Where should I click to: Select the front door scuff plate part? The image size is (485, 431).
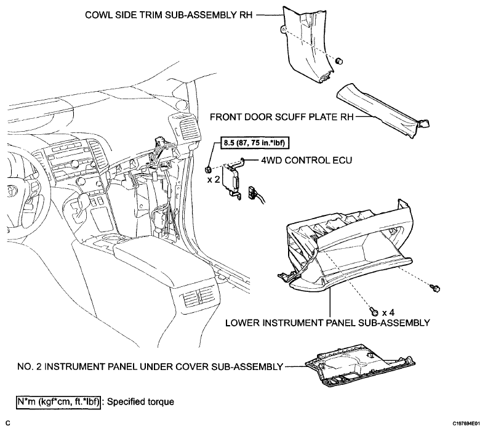point(383,109)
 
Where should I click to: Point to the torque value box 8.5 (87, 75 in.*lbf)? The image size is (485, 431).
point(252,143)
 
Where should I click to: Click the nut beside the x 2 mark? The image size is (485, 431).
point(209,169)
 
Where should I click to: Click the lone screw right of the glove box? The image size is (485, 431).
point(436,288)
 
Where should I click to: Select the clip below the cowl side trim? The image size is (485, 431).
point(339,60)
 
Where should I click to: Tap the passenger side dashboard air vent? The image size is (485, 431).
point(186,126)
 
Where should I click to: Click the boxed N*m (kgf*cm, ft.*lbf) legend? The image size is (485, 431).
point(58,402)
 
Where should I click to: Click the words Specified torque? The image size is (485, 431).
point(140,402)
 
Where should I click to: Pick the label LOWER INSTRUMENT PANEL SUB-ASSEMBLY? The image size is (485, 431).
point(327,323)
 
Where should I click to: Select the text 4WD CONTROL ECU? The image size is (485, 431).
point(307,160)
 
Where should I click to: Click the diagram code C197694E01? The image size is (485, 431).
point(467,423)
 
